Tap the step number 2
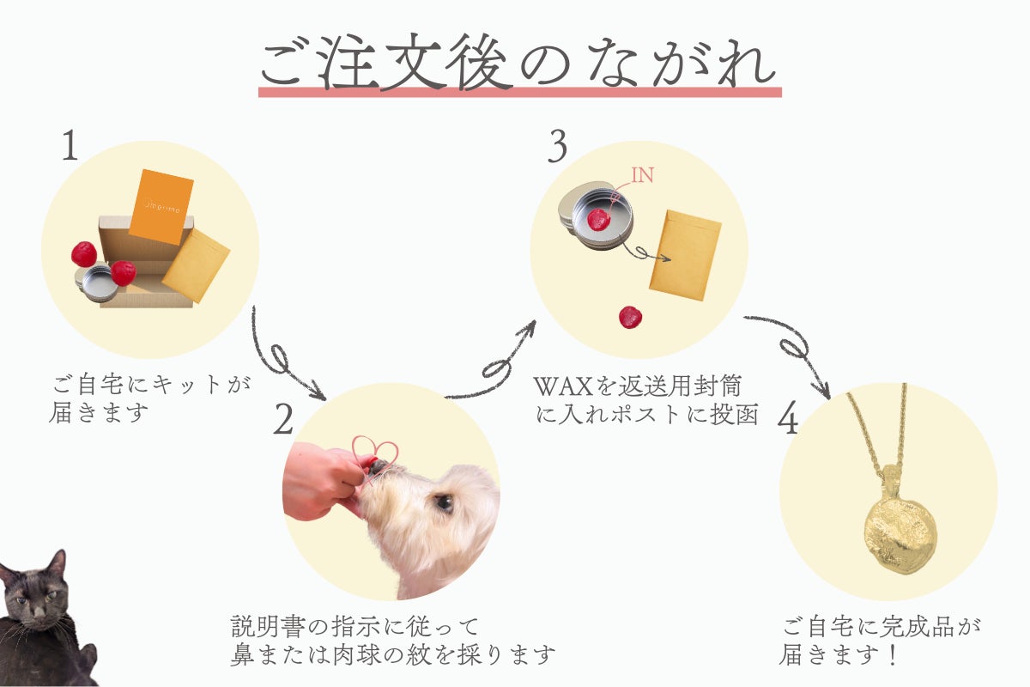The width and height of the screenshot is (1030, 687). tap(284, 419)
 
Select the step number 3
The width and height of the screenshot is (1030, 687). tap(557, 148)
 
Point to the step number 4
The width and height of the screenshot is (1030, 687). tap(788, 418)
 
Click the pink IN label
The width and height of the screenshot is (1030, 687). tap(642, 175)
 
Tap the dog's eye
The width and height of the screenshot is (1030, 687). tap(443, 502)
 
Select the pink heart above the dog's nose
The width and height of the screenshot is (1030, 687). tap(375, 449)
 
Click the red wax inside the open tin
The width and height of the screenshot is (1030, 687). tap(598, 220)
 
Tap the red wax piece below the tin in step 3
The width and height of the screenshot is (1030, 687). tap(630, 318)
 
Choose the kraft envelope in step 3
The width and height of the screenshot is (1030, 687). tap(685, 255)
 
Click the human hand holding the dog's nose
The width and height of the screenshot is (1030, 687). tap(322, 482)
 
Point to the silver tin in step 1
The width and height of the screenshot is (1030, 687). tap(96, 282)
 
